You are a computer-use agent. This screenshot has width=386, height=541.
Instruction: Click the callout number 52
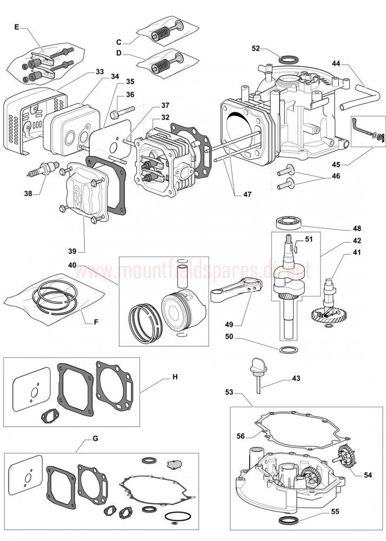pyautogui.click(x=256, y=48)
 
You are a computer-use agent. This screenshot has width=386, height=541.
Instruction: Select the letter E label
pyautogui.click(x=16, y=26)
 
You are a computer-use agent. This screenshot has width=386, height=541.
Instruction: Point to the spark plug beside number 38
pyautogui.click(x=42, y=168)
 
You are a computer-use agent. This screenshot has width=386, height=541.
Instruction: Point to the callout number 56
pyautogui.click(x=240, y=436)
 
